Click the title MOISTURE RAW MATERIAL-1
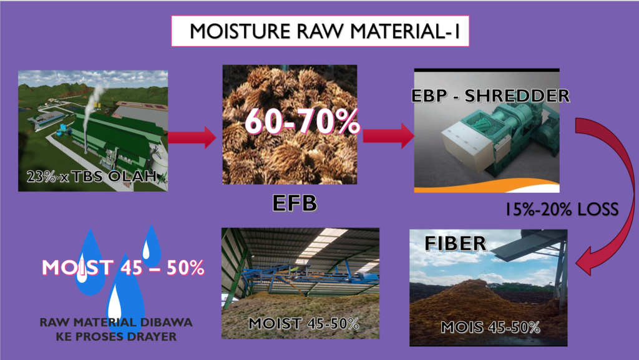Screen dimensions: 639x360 click(x=324, y=31)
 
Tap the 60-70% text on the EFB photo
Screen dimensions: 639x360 click(x=302, y=122)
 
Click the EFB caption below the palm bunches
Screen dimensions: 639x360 click(x=295, y=203)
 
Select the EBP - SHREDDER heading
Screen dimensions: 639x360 click(x=490, y=95)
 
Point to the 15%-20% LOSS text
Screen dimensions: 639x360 click(x=562, y=209)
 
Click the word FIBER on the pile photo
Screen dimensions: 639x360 click(x=455, y=243)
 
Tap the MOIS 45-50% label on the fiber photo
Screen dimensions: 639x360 click(x=490, y=327)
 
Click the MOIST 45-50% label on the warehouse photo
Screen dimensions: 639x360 click(x=304, y=324)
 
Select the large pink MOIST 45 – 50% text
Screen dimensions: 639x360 click(x=123, y=268)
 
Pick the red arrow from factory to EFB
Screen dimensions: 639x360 click(x=192, y=137)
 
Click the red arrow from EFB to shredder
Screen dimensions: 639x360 click(x=388, y=135)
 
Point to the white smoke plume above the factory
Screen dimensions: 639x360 click(x=94, y=101)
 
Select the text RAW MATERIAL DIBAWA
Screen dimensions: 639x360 click(x=115, y=322)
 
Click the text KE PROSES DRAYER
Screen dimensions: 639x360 click(x=116, y=336)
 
